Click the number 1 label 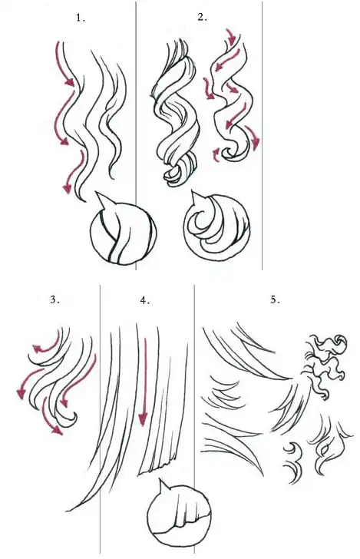[81, 18]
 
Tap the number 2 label [202, 17]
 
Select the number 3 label [54, 299]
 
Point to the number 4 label [144, 300]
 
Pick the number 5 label [275, 299]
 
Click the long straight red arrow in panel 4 [144, 382]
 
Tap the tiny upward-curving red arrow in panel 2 [216, 155]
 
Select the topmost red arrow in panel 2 [231, 37]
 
